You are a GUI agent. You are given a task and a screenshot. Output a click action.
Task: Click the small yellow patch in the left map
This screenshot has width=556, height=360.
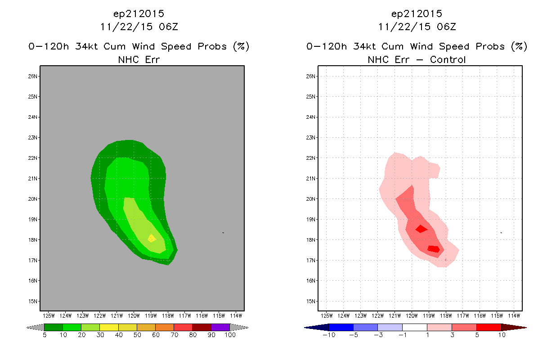click(x=152, y=238)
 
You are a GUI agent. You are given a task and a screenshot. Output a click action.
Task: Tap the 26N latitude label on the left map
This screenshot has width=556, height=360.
click(x=32, y=76)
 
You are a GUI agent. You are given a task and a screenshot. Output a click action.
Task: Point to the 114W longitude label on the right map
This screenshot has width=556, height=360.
click(x=514, y=316)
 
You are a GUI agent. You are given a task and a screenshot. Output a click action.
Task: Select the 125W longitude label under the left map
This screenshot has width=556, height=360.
click(x=49, y=316)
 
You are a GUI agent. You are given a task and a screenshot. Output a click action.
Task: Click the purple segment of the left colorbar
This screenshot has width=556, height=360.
click(x=220, y=327)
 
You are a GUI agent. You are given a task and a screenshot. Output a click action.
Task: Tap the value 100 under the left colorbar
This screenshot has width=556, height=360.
click(x=230, y=335)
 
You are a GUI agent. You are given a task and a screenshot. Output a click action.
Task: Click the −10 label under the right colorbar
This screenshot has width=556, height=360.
click(x=329, y=335)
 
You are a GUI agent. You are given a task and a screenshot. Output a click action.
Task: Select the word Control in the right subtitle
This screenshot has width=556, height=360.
click(x=448, y=59)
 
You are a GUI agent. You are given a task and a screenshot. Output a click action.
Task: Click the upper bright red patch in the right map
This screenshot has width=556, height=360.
click(x=421, y=229)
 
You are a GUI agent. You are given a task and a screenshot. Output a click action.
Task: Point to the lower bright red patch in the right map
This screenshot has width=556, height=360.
click(x=434, y=249)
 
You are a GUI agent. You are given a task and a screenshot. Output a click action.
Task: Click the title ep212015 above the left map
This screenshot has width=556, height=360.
click(x=139, y=14)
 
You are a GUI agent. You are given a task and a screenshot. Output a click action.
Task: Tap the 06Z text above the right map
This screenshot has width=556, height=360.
click(x=446, y=27)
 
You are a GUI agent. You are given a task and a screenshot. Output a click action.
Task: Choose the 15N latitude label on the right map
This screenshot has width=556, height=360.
click(x=310, y=301)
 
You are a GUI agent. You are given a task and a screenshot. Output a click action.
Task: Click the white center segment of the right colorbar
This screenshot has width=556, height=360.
click(x=415, y=327)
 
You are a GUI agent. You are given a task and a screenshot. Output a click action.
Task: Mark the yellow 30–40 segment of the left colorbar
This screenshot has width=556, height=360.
click(x=109, y=327)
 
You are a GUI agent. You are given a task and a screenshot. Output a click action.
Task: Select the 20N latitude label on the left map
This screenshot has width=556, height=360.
click(x=32, y=199)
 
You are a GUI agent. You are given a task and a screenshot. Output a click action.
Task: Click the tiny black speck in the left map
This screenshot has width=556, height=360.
click(x=223, y=233)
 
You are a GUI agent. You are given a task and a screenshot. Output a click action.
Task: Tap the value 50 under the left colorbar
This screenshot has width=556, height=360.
click(x=137, y=335)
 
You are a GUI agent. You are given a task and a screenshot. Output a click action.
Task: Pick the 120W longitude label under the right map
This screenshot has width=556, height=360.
click(x=412, y=316)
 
